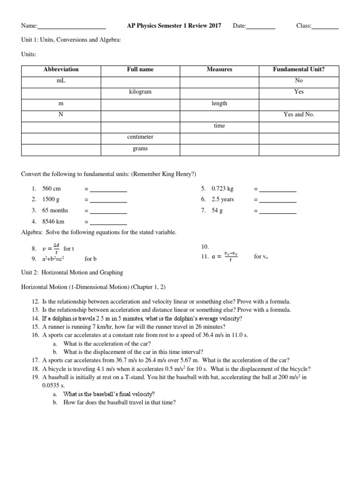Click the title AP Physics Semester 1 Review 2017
pos(174,25)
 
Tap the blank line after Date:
pos(261,27)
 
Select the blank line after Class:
pos(325,27)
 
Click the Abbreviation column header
pos(61,69)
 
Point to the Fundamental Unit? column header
pos(299,69)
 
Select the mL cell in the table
pos(61,81)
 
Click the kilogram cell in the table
pos(140,92)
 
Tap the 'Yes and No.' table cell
pos(299,114)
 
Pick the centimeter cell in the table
pos(140,137)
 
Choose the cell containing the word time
pos(219,126)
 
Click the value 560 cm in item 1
pos(52,189)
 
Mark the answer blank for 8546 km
pos(108,223)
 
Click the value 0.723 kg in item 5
pos(222,189)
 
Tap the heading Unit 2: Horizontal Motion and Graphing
pos(72,272)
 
